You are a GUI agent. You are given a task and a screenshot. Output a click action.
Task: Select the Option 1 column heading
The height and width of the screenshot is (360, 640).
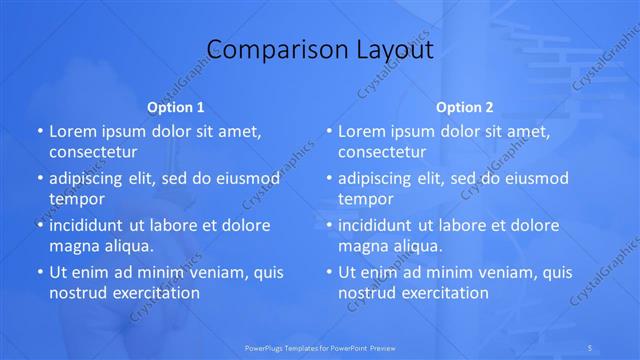[176, 107]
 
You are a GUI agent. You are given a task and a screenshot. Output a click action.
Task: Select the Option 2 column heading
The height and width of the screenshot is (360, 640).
[465, 107]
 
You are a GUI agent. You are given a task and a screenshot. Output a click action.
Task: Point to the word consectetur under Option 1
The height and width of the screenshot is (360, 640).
[93, 152]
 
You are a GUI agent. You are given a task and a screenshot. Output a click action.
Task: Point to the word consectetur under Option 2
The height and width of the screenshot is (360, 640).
[382, 152]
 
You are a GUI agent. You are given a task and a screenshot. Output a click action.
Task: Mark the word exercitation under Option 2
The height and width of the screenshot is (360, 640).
[443, 293]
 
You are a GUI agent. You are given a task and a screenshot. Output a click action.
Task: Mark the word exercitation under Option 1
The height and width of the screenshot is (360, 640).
[154, 293]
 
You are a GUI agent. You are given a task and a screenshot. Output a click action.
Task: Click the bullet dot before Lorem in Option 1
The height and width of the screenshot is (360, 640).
[40, 131]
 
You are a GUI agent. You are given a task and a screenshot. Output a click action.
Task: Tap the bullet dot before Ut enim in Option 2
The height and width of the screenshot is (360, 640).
[329, 272]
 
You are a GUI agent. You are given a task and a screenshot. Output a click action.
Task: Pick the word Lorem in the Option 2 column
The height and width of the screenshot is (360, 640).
[361, 131]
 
